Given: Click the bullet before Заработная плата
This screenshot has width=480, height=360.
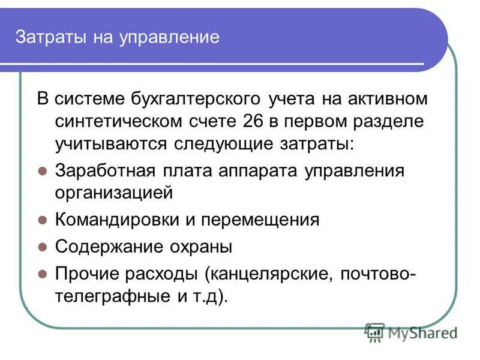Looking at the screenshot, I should pos(42,170).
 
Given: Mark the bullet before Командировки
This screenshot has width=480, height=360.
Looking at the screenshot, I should pos(42,220).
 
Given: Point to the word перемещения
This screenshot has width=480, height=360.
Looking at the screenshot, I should pos(259,220).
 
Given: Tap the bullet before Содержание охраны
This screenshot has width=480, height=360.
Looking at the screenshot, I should pos(42,247).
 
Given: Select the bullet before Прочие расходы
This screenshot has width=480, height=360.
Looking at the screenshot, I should pos(42,274).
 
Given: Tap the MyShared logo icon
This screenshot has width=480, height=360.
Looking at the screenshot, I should pos(375,331).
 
